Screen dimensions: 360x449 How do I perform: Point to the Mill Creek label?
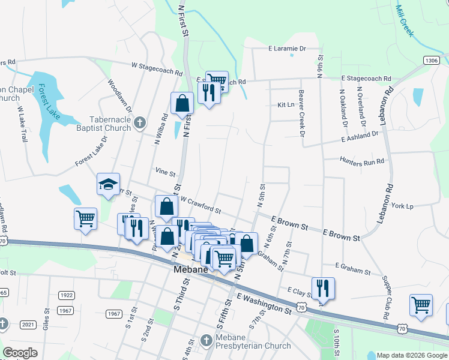click(405, 22)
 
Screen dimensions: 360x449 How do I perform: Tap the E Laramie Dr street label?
click(287, 48)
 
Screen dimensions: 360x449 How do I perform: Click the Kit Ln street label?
click(286, 104)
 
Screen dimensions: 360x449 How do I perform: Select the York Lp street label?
click(402, 206)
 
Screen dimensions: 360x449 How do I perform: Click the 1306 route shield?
click(430, 61)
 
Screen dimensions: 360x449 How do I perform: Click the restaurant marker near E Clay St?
click(323, 288)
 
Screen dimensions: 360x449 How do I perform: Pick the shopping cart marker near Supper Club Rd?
click(421, 304)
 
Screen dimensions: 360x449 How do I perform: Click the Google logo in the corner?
click(20, 353)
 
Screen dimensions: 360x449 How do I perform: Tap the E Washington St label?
click(264, 303)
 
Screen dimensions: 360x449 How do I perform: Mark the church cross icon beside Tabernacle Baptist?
click(140, 123)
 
